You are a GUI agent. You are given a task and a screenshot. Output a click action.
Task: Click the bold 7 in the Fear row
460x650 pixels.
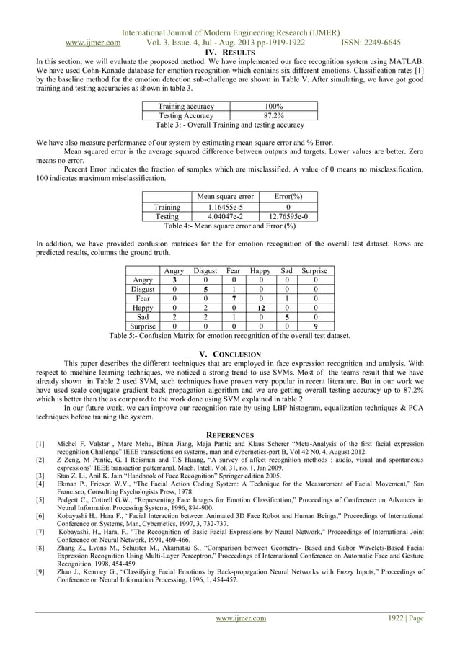(234, 297)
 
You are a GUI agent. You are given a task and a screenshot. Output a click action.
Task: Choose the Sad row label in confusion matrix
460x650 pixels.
(143, 316)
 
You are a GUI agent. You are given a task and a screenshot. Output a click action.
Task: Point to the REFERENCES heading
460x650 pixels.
(229, 435)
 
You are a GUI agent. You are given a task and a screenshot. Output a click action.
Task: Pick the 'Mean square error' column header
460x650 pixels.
(225, 195)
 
